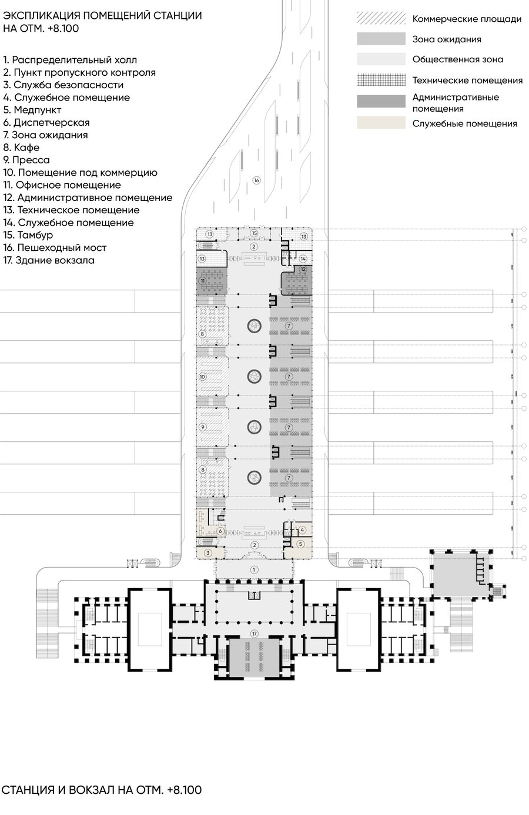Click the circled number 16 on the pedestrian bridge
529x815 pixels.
point(257,180)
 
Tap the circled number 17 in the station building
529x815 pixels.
point(254,634)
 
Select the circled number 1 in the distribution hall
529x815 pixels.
point(254,570)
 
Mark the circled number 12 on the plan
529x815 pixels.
point(303,269)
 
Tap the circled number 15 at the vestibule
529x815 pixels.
point(254,233)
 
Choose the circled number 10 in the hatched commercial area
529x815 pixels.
point(203,377)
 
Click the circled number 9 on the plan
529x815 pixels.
point(203,427)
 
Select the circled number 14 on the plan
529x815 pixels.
point(303,259)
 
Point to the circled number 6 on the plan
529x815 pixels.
point(220,531)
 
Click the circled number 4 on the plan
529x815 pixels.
point(302,530)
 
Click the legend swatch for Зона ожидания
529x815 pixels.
point(381,39)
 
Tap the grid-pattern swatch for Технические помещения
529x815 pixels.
point(381,80)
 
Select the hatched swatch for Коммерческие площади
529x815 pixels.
point(381,18)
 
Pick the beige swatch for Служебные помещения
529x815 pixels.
point(381,123)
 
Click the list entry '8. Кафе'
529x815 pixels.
point(21,147)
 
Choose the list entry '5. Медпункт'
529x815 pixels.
point(32,110)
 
